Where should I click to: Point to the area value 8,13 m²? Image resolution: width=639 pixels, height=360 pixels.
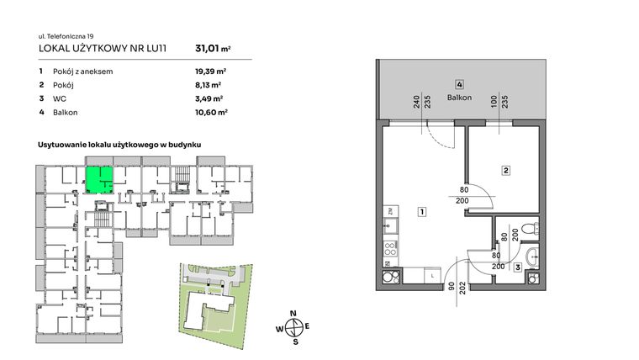tap(208, 85)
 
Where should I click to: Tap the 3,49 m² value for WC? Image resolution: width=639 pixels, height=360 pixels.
tap(208, 98)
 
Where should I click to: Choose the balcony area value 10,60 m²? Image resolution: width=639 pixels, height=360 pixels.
tap(210, 111)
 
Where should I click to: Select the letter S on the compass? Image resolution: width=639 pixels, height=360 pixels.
tap(293, 342)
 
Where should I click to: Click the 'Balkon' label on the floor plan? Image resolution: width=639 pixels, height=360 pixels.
tap(459, 98)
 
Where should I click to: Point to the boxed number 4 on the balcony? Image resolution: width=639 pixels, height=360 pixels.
tap(459, 84)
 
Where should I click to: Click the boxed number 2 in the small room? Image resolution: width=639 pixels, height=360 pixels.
tap(505, 171)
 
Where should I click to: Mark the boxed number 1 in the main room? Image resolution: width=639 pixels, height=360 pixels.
tap(420, 212)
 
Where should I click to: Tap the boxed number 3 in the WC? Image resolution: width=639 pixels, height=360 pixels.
tap(518, 267)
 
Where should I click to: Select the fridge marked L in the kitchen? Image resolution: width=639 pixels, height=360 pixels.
tap(430, 275)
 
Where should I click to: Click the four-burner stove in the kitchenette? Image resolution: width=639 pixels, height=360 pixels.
tap(388, 249)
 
